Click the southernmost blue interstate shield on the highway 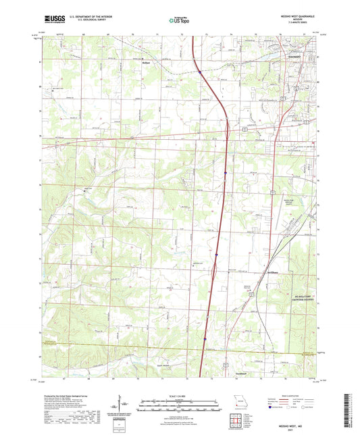click(x=205, y=349)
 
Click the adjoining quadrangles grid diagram click(x=236, y=422)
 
